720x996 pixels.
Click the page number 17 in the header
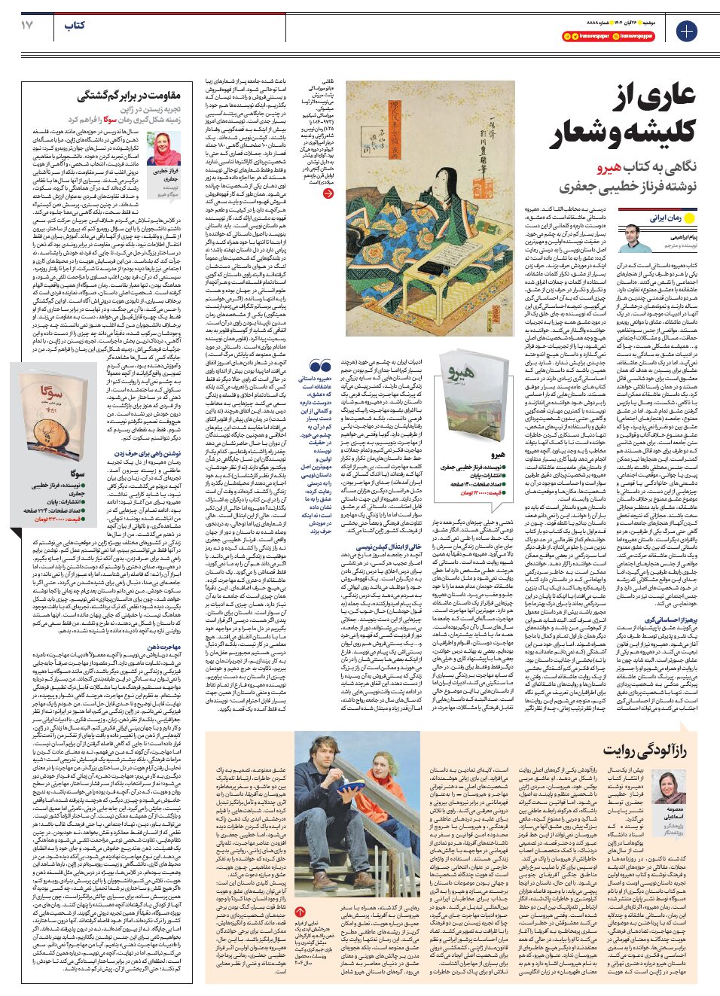click(27, 25)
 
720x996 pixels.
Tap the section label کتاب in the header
click(75, 26)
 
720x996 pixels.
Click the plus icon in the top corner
click(686, 31)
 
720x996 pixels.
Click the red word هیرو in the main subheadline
click(609, 167)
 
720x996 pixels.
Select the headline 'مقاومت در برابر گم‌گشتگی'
click(129, 96)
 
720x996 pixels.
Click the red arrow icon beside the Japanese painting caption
click(328, 193)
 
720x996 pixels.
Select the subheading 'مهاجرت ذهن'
click(163, 646)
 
